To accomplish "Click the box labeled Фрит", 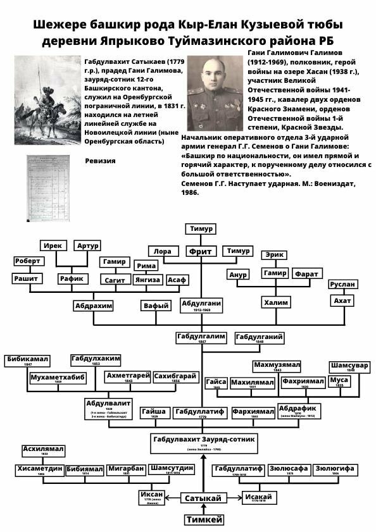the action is coord(201,251).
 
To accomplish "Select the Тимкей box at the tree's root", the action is coord(204,519).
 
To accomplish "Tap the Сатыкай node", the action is coord(204,498).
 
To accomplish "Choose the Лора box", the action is coord(163,251).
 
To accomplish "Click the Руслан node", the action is coord(342,285).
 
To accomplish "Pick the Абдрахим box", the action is coord(94,305).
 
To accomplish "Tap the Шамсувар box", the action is coord(349,367).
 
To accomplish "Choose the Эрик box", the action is coord(274,256).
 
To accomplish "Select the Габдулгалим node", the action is coord(201,337).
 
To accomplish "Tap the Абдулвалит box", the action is coord(109,405).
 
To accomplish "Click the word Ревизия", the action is coord(100,161).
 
